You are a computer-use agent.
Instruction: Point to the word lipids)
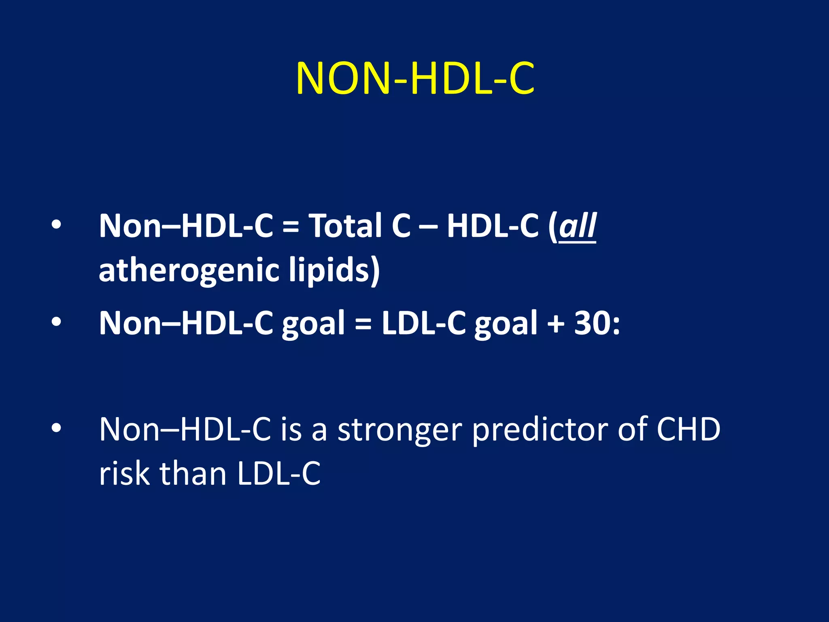coord(334,271)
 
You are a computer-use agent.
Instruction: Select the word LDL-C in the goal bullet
coord(424,323)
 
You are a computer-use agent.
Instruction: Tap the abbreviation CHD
coord(688,429)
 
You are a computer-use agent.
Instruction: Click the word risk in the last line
coord(124,473)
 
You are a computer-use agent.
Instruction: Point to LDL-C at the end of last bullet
coord(279,473)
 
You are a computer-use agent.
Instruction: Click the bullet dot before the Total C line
coord(56,225)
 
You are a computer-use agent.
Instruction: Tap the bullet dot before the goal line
coord(56,322)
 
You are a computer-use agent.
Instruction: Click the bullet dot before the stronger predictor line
coord(56,428)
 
